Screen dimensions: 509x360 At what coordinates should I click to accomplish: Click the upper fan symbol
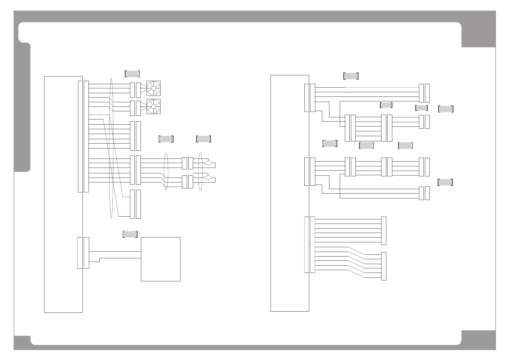click(153, 88)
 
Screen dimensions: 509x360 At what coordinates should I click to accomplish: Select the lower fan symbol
click(153, 106)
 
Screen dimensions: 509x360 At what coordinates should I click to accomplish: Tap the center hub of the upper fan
click(153, 88)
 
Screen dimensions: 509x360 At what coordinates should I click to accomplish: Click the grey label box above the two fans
click(132, 74)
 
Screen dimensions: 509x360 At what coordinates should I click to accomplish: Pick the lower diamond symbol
click(208, 178)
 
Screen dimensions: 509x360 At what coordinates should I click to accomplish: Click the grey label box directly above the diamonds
click(203, 139)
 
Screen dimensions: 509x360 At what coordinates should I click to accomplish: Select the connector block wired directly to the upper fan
click(138, 90)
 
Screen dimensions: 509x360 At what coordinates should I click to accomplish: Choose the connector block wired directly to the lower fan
click(138, 108)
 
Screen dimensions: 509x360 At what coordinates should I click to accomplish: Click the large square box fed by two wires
click(160, 259)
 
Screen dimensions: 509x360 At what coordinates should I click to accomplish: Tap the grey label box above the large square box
click(130, 234)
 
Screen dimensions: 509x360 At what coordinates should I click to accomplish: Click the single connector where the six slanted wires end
click(384, 266)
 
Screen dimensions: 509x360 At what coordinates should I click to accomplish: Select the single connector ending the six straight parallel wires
click(384, 231)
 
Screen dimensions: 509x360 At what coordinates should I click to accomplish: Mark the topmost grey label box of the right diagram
click(351, 76)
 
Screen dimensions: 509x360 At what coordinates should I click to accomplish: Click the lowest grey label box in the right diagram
click(445, 182)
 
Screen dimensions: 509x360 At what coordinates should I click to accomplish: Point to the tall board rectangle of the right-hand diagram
click(290, 193)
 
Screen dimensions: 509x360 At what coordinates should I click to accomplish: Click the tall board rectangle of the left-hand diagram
click(63, 194)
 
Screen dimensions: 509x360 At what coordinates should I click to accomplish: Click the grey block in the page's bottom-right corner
click(478, 339)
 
